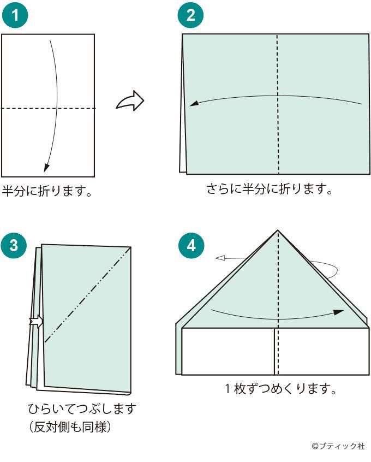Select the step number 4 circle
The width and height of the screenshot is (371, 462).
click(190, 245)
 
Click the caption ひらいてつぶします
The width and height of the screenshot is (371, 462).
click(82, 408)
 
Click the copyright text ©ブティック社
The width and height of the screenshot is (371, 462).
click(338, 446)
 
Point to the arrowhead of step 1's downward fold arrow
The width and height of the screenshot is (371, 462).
click(47, 167)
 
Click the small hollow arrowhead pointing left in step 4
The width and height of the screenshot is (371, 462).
click(219, 258)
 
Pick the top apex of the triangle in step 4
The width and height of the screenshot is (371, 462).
click(278, 230)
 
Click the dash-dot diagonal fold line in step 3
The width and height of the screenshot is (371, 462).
click(87, 295)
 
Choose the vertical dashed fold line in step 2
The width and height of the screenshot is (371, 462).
click(278, 104)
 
